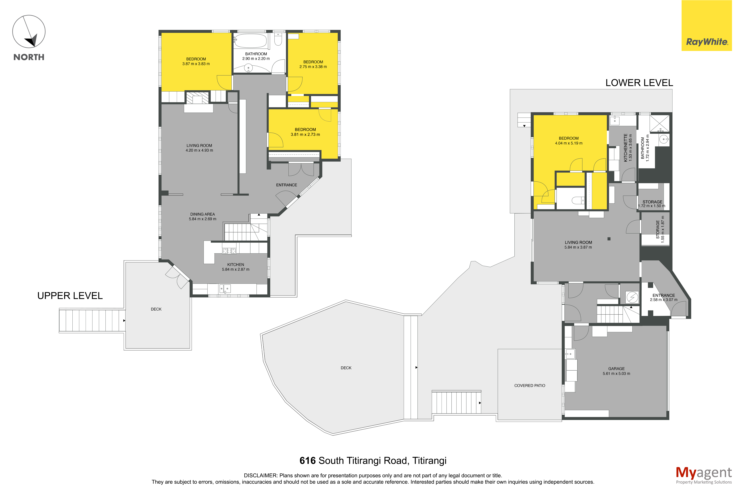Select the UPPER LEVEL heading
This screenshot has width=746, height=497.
pos(70,296)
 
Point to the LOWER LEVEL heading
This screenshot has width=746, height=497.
pos(639,83)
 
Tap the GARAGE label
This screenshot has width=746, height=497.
pos(616,369)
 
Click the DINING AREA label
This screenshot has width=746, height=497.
pos(203,214)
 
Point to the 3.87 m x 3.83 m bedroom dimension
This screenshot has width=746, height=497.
pos(196,64)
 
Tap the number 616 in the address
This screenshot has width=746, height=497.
pos(307,461)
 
